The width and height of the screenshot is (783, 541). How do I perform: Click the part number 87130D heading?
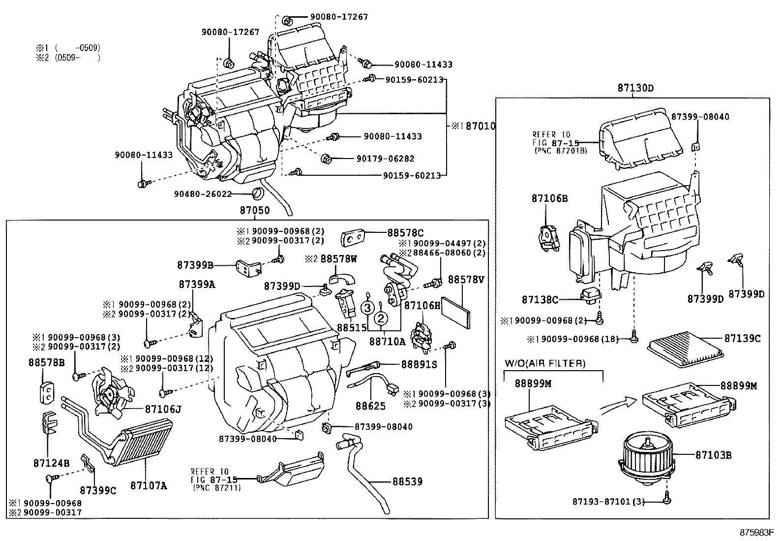636,88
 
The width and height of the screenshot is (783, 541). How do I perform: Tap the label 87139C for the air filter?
742,338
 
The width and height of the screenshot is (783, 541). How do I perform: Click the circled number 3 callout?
367,309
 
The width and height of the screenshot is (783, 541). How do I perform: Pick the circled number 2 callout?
381,318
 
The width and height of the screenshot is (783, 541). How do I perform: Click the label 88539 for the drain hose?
407,481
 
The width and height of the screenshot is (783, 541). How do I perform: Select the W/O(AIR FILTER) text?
545,364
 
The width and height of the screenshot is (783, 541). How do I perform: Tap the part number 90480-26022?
203,194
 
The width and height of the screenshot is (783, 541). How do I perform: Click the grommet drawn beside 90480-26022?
257,192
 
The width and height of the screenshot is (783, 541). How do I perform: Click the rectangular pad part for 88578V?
457,312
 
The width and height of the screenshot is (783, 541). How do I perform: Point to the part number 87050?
255,210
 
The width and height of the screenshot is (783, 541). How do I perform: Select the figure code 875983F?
757,533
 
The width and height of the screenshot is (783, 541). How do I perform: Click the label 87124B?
52,463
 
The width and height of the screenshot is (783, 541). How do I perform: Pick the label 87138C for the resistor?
540,299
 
